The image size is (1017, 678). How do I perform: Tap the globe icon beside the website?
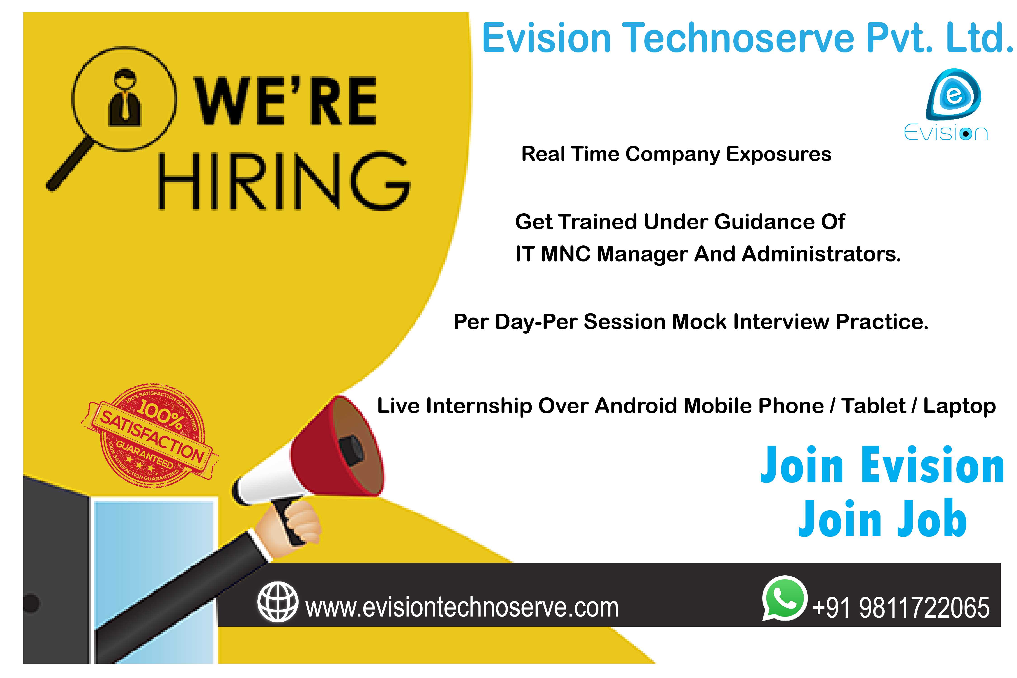click(x=278, y=602)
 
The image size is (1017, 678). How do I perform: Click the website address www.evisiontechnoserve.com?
click(x=462, y=607)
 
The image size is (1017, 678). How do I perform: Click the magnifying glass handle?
click(x=70, y=164)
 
